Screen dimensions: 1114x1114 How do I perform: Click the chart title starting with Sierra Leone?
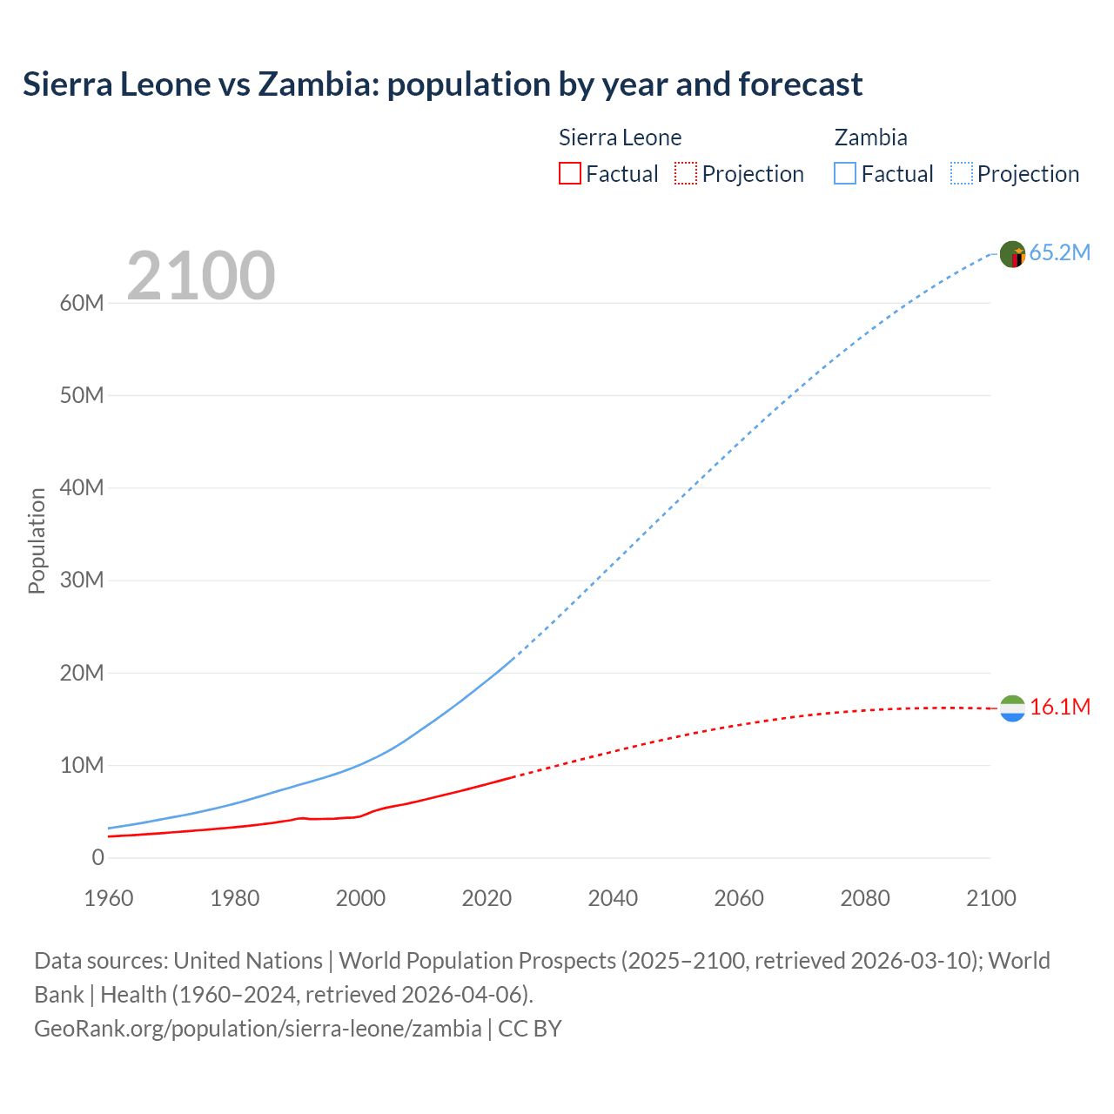(442, 84)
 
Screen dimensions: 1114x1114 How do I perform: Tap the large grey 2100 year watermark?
(201, 276)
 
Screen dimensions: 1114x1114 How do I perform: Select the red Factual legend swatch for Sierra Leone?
(569, 173)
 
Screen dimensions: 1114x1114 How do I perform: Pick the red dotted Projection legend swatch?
(686, 173)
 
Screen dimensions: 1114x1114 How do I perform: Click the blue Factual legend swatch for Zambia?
(845, 173)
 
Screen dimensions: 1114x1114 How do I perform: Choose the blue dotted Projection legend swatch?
(962, 173)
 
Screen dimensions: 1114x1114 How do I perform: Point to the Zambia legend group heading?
(870, 138)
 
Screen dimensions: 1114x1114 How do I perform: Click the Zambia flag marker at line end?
(1012, 254)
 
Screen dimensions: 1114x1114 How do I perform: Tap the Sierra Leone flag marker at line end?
(1012, 708)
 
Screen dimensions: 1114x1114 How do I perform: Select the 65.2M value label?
(1059, 252)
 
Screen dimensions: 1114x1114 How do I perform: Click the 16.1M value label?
(1059, 707)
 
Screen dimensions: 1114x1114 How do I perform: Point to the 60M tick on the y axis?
(82, 303)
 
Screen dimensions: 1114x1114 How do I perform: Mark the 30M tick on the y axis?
(82, 580)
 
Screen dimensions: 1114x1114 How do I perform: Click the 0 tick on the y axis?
(97, 857)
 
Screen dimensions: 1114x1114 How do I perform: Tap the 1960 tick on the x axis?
(109, 898)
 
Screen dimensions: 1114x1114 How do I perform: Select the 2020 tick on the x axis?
(487, 898)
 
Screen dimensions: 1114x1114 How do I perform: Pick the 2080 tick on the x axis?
(865, 898)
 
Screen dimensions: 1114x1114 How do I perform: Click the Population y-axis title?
(37, 540)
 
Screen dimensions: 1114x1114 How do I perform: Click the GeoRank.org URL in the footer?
(258, 1028)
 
